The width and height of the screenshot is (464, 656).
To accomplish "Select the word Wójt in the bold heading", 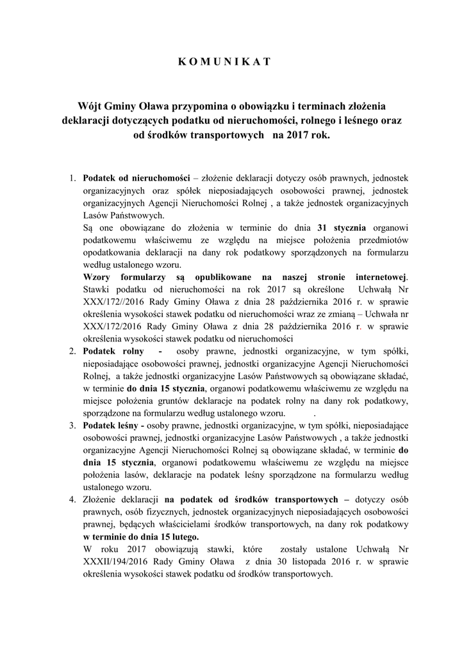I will (x=89, y=105).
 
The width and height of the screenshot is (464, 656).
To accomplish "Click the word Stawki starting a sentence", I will (x=98, y=289).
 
